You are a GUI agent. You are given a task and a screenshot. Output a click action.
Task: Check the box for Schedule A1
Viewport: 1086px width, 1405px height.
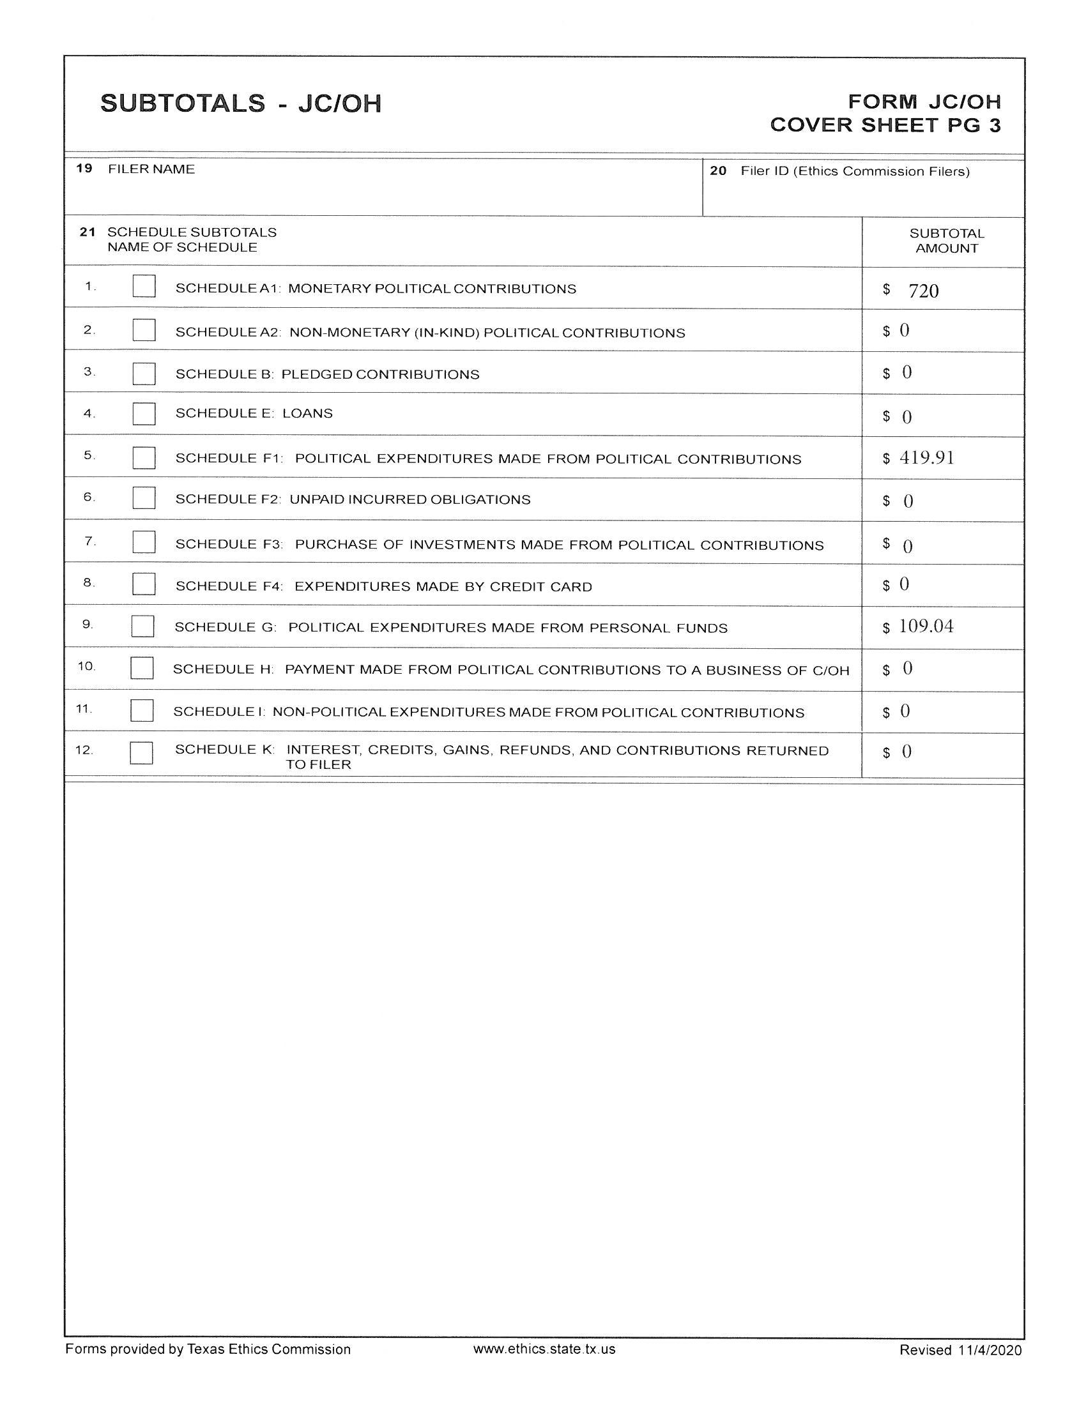(x=144, y=286)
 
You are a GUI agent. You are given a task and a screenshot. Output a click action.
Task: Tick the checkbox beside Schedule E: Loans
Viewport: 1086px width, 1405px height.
(x=144, y=414)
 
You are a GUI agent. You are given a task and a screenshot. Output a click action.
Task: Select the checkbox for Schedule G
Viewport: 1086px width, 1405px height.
(x=142, y=626)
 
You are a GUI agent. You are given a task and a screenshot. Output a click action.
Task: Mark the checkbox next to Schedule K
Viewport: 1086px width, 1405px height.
(x=141, y=753)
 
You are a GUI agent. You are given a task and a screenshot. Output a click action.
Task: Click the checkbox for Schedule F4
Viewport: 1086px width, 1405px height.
(x=144, y=584)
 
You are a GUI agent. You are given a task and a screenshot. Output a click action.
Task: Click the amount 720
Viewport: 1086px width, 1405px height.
(x=923, y=291)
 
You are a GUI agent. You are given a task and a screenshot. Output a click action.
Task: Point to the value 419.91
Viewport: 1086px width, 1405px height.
(x=926, y=458)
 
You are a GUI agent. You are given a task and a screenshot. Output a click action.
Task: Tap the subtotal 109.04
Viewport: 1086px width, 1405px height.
(x=926, y=626)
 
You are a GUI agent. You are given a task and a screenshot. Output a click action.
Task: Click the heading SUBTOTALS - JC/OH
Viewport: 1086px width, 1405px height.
(x=241, y=103)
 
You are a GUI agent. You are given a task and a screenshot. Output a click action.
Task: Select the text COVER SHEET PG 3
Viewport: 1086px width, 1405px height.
(x=885, y=125)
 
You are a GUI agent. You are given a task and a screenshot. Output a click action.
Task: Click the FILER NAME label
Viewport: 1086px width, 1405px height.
(x=151, y=169)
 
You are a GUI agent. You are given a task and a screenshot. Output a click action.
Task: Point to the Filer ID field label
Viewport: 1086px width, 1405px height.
(x=854, y=171)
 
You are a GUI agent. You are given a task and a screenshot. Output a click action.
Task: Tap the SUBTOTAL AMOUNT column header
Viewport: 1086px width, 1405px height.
(x=946, y=241)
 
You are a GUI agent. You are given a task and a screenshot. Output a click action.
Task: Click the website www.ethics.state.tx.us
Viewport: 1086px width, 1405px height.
(x=544, y=1349)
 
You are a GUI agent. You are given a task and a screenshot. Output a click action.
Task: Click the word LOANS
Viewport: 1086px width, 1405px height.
(x=307, y=413)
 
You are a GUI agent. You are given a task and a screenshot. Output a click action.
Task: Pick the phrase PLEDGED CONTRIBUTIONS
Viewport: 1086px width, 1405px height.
(x=380, y=374)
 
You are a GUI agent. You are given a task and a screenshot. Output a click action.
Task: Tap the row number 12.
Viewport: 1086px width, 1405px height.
(x=84, y=750)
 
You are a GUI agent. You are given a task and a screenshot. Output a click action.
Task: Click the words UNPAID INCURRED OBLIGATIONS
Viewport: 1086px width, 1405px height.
(x=410, y=499)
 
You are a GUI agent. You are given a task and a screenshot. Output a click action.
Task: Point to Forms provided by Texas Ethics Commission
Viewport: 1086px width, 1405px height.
(x=208, y=1349)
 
